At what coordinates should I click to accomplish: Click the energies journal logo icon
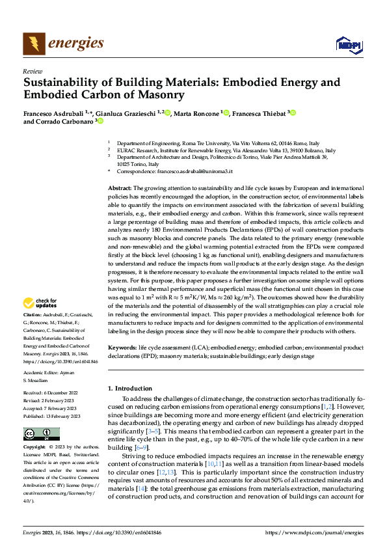(33, 44)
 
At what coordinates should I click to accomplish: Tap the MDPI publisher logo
(348, 44)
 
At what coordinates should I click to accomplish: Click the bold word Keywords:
(122, 348)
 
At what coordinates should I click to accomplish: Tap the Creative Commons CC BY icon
(41, 434)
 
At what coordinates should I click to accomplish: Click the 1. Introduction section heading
(129, 389)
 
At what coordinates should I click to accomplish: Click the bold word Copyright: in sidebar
(35, 448)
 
